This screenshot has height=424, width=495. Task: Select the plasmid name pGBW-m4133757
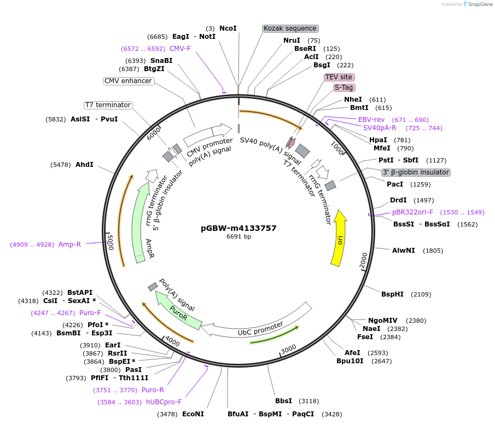tap(238, 228)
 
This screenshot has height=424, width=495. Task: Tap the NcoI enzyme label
tap(228, 28)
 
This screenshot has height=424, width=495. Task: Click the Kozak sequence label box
tap(290, 28)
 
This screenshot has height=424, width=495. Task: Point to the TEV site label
tap(339, 77)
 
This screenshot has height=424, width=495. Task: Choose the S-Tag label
tap(344, 88)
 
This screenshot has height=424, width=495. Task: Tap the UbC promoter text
tap(260, 329)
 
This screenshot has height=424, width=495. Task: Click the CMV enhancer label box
tap(128, 81)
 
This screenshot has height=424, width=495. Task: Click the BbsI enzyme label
tap(283, 401)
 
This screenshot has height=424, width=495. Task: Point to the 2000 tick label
tap(364, 261)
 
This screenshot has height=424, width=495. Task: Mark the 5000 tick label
tap(110, 241)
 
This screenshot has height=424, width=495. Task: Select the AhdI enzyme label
tap(84, 165)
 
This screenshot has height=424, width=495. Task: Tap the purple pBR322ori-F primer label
tap(412, 212)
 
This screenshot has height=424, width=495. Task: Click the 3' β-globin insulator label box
tap(416, 172)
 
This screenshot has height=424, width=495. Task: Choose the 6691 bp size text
tap(238, 237)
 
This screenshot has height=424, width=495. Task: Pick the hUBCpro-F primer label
tap(164, 402)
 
